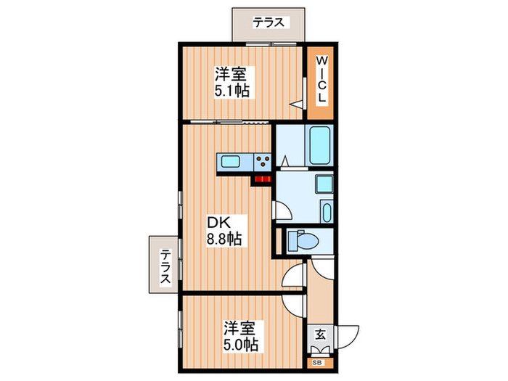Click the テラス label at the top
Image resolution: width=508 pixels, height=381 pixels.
coord(268,22)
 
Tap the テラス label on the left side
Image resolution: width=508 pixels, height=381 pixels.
coord(166,266)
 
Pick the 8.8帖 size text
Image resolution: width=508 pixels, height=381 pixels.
coord(224,238)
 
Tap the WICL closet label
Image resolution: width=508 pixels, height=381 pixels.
coord(320,82)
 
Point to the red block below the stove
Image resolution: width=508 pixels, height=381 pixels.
coord(262,178)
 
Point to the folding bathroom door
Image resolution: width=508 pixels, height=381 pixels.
coord(286,162)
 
